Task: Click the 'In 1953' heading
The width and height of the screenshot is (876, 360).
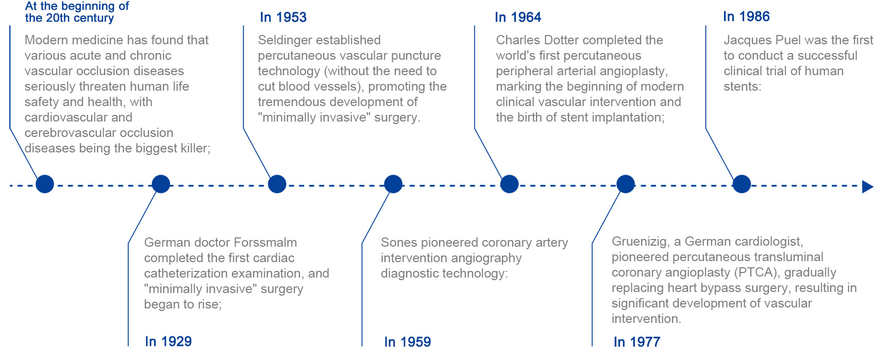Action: (283, 17)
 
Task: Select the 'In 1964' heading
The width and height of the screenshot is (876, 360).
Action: (518, 17)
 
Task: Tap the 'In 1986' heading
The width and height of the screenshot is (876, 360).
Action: (746, 16)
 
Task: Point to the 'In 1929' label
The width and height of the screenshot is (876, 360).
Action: (168, 341)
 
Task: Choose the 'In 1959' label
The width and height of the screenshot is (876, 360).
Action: (408, 341)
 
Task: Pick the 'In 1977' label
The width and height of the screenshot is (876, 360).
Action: (637, 341)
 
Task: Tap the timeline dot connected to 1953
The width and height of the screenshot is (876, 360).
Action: (277, 184)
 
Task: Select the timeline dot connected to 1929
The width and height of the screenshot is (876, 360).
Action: (161, 184)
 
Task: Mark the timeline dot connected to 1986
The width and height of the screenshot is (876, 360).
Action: (742, 184)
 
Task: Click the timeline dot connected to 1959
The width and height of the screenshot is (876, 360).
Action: (393, 184)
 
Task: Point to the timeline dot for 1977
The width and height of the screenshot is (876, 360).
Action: (626, 184)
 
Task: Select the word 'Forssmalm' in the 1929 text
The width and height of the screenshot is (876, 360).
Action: (265, 243)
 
